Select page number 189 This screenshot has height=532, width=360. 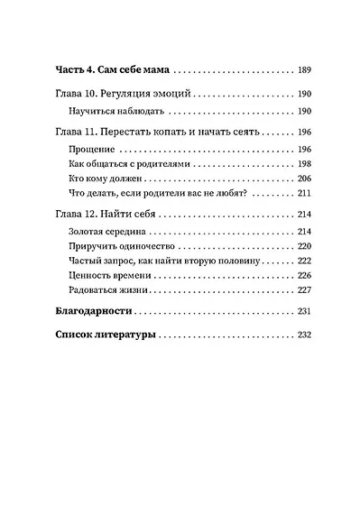(303, 69)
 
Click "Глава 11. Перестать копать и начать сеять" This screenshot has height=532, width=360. (157, 132)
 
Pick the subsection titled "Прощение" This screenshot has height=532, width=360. (90, 148)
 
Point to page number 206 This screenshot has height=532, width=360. (303, 179)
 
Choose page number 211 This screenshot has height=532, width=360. (303, 194)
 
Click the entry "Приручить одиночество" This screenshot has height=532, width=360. (122, 247)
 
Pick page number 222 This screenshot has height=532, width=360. (303, 261)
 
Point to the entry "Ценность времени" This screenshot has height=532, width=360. (106, 276)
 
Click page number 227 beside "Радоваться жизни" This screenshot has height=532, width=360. (303, 291)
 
